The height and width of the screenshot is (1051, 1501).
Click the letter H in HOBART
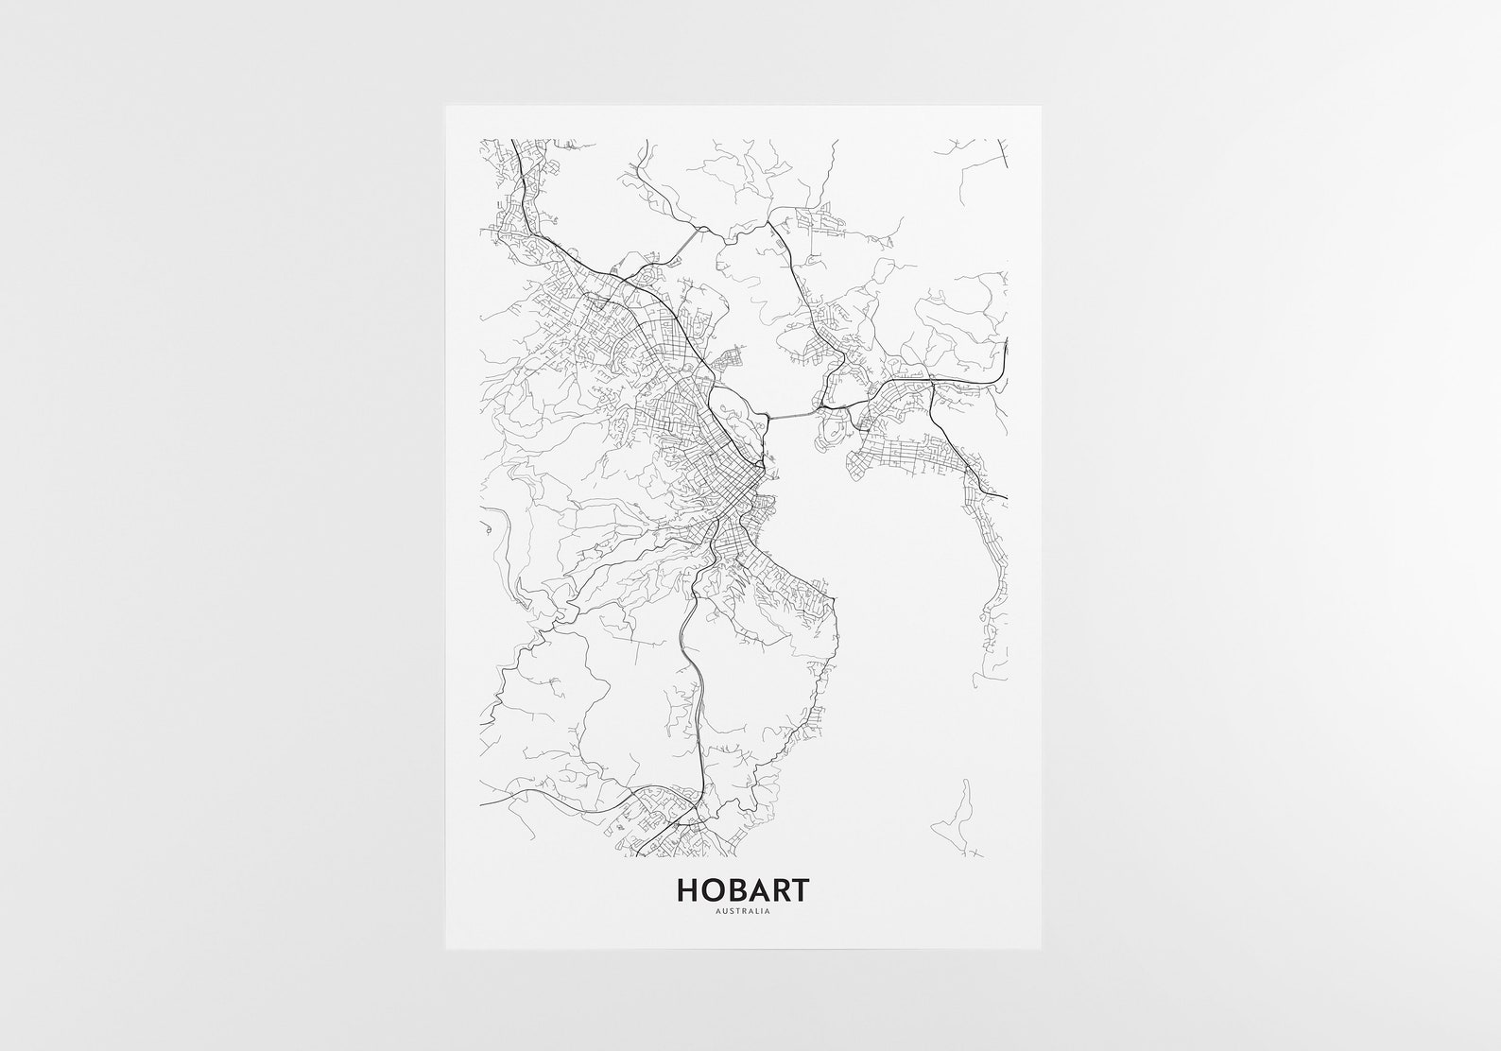coord(687,890)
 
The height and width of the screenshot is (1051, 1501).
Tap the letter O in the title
coord(711,890)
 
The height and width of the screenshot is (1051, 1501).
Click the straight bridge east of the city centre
coord(792,415)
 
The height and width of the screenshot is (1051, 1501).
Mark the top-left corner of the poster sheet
coord(446,105)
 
